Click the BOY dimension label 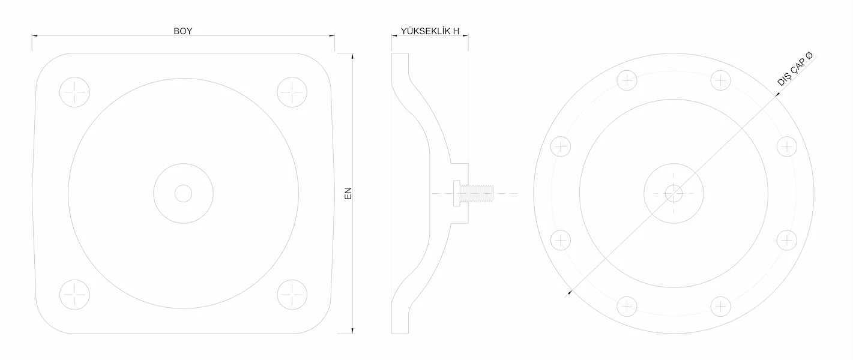[182, 31]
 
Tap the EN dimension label [348, 193]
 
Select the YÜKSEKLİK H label [430, 31]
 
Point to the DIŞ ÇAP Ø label [794, 69]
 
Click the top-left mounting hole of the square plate [74, 92]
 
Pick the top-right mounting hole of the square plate [292, 92]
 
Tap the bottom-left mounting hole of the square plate [74, 295]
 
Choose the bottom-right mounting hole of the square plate [292, 295]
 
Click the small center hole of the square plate [183, 193]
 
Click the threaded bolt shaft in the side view [477, 193]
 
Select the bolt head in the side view [457, 193]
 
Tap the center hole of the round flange [674, 193]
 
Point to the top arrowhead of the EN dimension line [352, 56]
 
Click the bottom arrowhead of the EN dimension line [352, 331]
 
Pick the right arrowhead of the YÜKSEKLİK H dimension [465, 35]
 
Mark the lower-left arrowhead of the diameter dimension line [570, 292]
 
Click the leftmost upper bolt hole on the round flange [561, 146]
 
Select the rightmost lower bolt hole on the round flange [787, 240]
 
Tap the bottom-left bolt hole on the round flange [627, 307]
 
